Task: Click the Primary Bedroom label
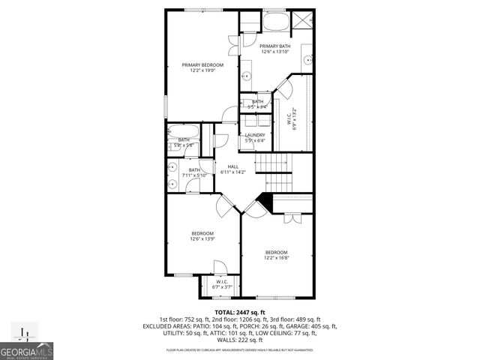pos(203,67)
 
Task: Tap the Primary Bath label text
pos(275,49)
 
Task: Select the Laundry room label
pos(255,138)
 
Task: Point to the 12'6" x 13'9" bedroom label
pos(202,236)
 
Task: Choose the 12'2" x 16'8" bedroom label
pos(276,255)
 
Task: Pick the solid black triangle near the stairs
pos(263,200)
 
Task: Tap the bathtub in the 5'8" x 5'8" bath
pos(184,130)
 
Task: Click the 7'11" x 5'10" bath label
pos(195,172)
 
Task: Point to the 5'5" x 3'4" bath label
pos(257,104)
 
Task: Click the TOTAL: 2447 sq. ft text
pos(240,312)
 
